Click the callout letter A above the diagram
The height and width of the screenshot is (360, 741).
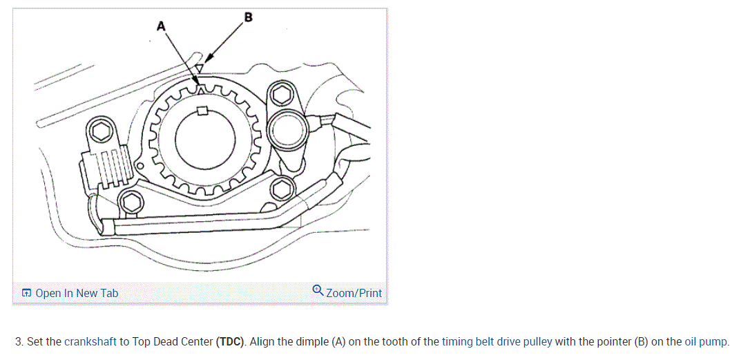162,26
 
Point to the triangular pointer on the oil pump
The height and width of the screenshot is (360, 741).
199,68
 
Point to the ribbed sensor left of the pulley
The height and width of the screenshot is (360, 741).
107,170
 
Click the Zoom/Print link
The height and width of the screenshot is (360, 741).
354,293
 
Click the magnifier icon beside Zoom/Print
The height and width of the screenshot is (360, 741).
318,291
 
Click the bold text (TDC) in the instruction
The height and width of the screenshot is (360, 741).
231,341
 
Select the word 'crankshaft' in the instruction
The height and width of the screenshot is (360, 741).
90,341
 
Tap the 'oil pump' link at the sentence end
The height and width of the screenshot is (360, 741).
706,341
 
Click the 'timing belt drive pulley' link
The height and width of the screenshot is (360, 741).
497,341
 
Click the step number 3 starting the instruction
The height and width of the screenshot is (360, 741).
19,341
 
